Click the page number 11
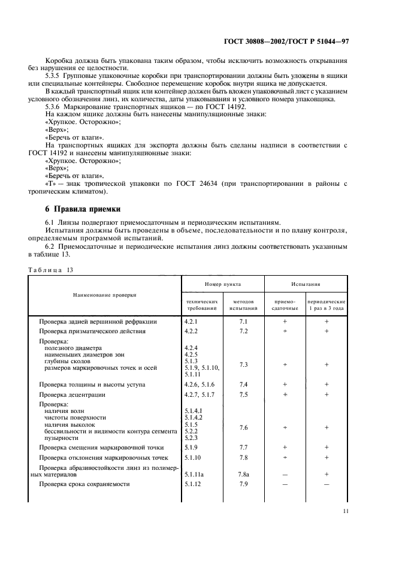pyautogui.click(x=346, y=511)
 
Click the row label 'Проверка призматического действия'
pyautogui.click(x=92, y=331)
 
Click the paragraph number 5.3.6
pyautogui.click(x=55, y=106)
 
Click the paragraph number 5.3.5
pyautogui.click(x=55, y=77)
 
